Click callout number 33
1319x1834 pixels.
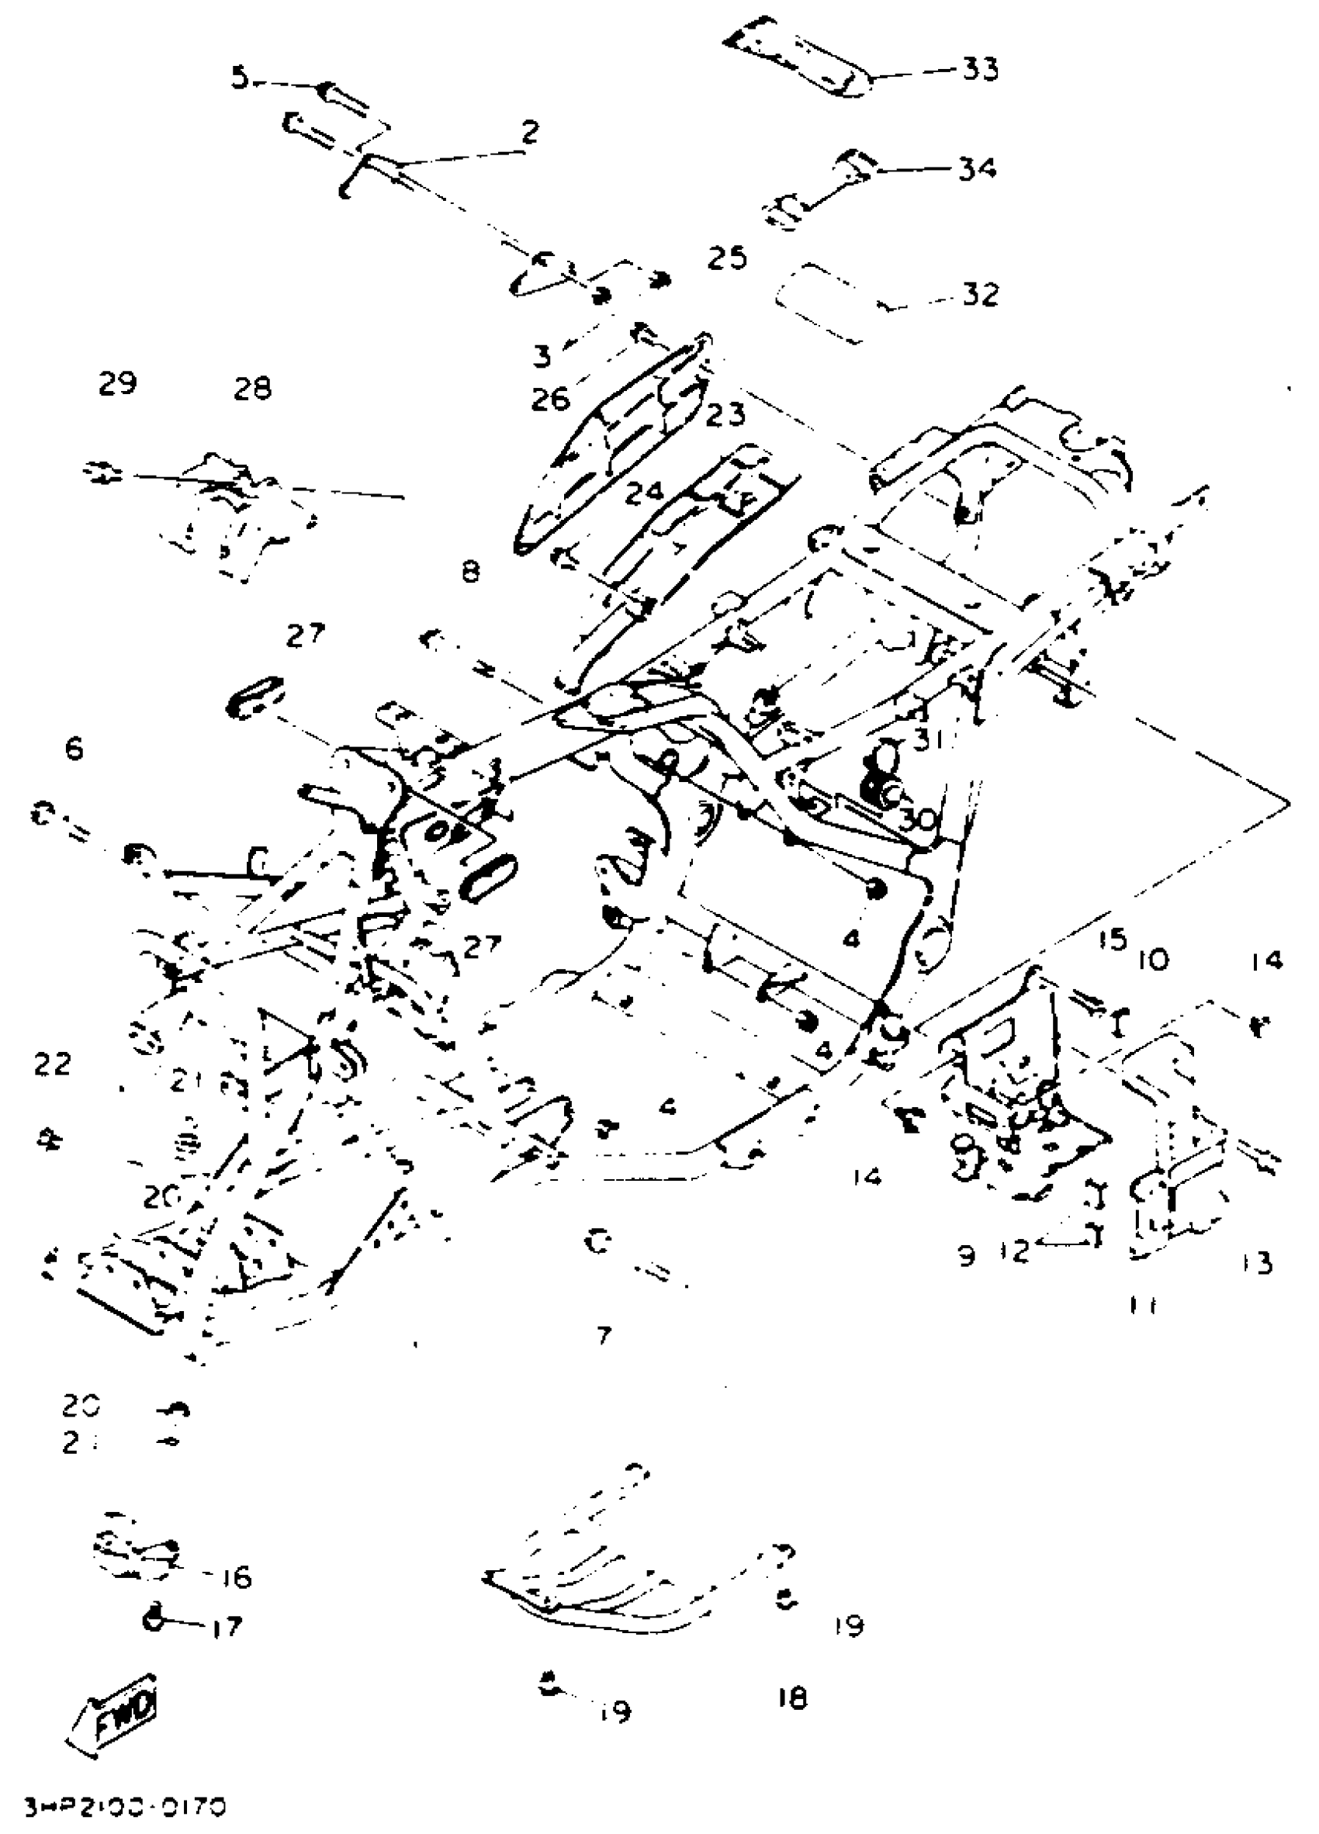tap(980, 71)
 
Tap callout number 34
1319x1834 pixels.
tap(978, 170)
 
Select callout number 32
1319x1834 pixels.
tap(980, 294)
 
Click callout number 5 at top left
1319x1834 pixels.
tap(240, 79)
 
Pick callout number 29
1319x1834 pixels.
tap(118, 382)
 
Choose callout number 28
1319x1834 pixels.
tap(252, 389)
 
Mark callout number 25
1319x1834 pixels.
tap(727, 259)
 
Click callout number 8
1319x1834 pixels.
tap(471, 573)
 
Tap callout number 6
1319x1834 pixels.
tap(74, 749)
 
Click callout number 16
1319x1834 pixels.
tap(234, 1578)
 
